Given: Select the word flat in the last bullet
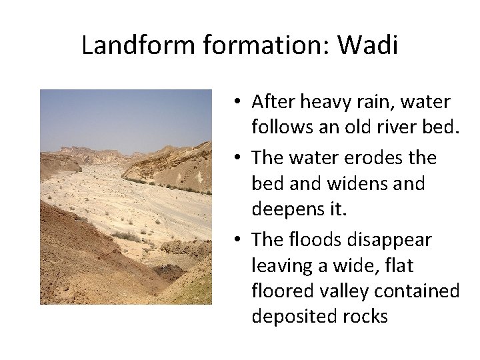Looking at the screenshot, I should click(x=398, y=265).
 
